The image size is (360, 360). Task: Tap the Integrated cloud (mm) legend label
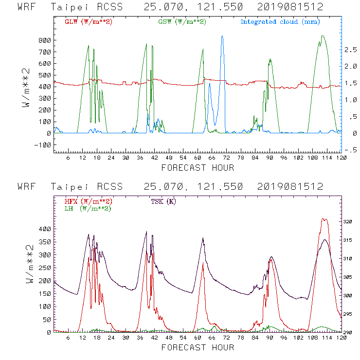[x=280, y=22]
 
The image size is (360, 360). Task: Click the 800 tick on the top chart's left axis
[x=45, y=40]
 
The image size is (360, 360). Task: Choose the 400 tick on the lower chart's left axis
[x=45, y=229]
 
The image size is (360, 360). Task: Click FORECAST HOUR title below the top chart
[x=198, y=168]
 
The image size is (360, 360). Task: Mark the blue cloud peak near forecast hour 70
[x=222, y=36]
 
